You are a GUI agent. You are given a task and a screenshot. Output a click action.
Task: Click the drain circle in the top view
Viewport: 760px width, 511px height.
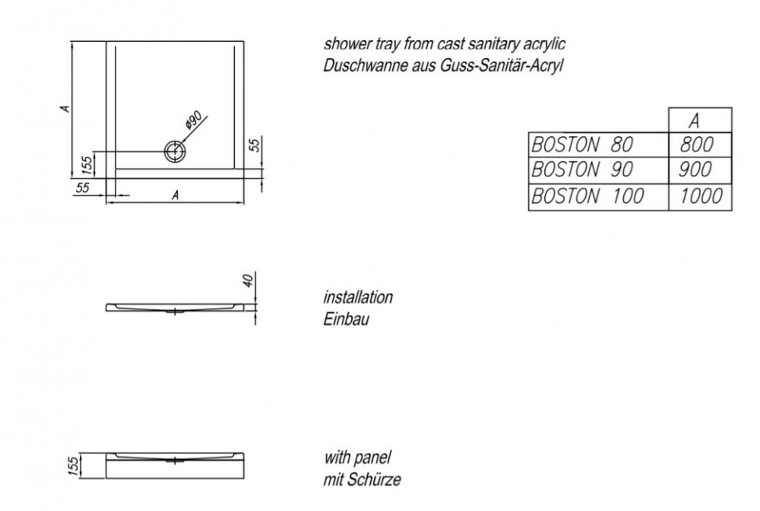tap(175, 141)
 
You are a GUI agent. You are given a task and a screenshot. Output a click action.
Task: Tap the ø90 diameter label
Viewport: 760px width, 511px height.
tap(193, 119)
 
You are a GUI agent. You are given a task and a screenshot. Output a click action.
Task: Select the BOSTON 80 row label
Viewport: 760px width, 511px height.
tap(582, 144)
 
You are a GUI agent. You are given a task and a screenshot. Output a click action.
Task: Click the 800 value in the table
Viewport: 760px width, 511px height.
tap(696, 144)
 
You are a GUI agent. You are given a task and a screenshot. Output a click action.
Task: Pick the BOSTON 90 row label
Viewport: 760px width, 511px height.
tap(582, 170)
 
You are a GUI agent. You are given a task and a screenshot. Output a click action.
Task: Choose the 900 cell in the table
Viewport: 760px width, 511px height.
tap(695, 170)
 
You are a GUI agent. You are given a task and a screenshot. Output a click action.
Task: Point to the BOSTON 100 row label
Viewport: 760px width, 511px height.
tap(587, 196)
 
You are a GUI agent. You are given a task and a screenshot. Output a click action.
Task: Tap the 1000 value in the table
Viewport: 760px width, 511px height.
tap(701, 196)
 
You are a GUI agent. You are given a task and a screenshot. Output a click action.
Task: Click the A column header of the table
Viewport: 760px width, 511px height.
tap(695, 121)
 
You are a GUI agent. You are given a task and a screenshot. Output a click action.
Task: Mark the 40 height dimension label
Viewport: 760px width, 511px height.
tap(248, 281)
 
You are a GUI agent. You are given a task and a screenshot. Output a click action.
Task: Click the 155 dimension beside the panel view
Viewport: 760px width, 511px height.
tap(73, 466)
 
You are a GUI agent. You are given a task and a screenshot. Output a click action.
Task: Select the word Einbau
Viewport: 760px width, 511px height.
tap(346, 319)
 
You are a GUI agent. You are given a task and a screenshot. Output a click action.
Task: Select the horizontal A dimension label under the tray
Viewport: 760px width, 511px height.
tap(176, 195)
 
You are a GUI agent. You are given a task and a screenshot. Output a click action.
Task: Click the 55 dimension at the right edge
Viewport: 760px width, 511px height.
tap(255, 144)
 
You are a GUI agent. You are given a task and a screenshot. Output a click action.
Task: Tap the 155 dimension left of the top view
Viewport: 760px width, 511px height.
tap(87, 165)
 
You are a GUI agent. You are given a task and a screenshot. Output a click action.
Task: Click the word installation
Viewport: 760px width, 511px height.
tap(358, 297)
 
